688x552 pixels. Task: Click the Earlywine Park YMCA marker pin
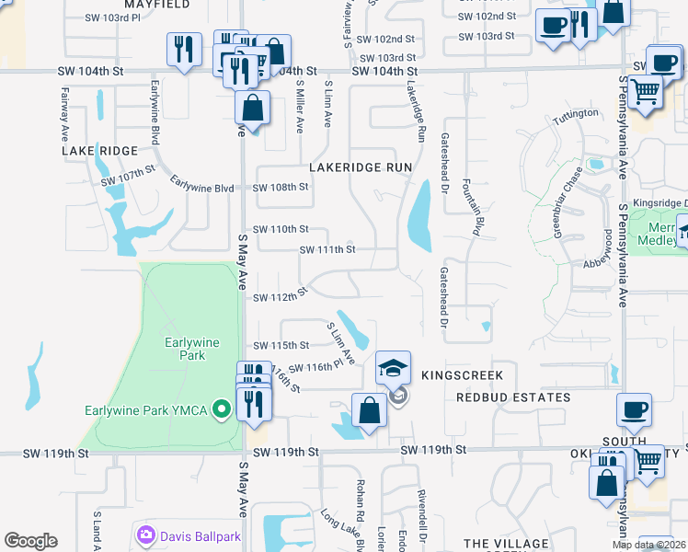(221, 409)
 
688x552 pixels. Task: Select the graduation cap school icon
(393, 370)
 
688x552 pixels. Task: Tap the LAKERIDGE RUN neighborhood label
(361, 167)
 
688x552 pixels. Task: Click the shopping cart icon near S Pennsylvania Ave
(647, 92)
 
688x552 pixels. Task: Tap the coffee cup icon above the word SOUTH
(633, 411)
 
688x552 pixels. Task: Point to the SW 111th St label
(327, 249)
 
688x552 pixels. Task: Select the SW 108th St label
(281, 187)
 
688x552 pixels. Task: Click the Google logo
(30, 541)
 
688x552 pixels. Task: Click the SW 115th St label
(281, 345)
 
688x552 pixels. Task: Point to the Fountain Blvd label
(472, 207)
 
